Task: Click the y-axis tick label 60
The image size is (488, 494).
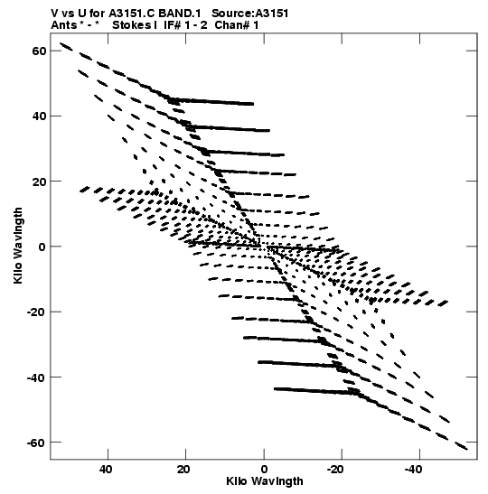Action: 39,51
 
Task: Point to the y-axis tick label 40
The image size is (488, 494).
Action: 39,117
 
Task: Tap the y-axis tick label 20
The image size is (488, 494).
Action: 39,182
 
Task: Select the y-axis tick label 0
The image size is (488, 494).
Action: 42,247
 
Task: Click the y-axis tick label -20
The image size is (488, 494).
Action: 36,312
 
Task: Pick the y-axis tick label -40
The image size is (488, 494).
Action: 36,377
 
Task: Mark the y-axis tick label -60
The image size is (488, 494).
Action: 36,443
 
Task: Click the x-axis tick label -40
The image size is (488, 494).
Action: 414,470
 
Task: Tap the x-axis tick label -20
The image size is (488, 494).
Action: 336,470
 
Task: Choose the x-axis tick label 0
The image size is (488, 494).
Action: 264,470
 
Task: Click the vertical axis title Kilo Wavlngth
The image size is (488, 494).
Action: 18,246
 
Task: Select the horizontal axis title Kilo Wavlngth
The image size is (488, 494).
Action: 265,481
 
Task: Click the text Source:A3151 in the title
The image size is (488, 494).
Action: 249,14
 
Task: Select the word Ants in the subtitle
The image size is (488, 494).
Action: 64,25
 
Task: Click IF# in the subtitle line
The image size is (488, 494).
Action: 172,25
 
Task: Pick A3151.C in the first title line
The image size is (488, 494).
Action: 132,14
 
